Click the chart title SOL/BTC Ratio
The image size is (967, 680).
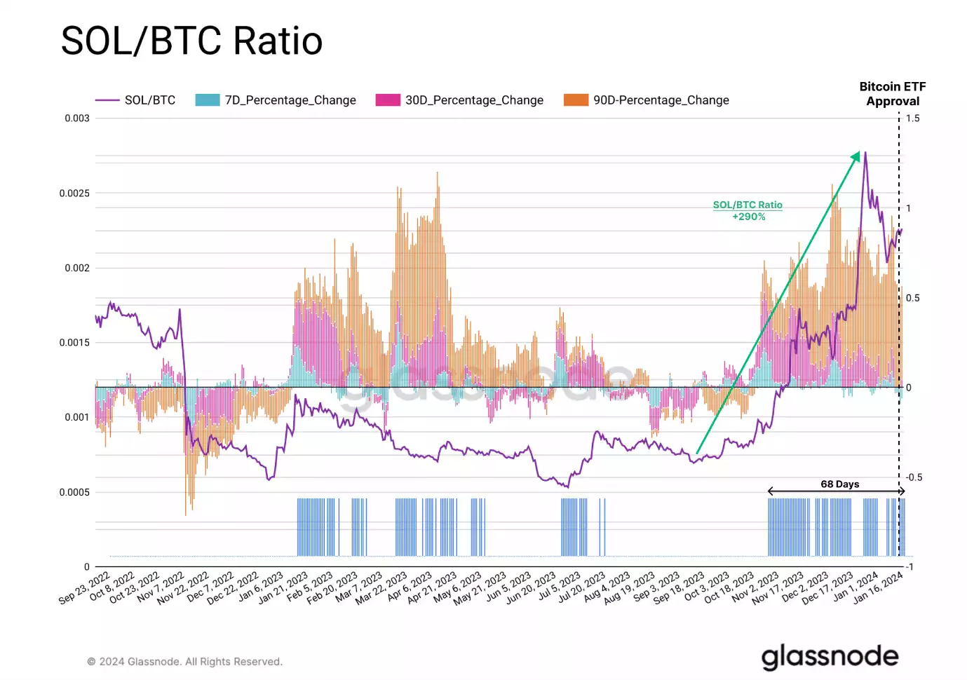click(191, 41)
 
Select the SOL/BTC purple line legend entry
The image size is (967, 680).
click(136, 100)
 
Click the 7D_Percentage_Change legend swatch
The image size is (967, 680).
click(208, 100)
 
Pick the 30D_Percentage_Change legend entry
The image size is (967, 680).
click(459, 100)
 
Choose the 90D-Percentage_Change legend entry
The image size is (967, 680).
click(647, 100)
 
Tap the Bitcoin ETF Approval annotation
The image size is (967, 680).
click(892, 94)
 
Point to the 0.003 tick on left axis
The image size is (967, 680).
click(77, 118)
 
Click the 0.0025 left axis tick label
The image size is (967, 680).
click(74, 193)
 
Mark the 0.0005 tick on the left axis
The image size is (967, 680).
click(74, 492)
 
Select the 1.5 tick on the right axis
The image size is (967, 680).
click(912, 118)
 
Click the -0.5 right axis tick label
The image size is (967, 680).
click(914, 477)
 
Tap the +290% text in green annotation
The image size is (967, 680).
click(748, 217)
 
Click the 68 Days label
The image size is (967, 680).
click(839, 484)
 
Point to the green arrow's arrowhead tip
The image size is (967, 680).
click(859, 152)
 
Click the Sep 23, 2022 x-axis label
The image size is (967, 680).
click(84, 587)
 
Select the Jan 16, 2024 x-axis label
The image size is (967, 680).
click(878, 587)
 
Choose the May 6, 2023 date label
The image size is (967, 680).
click(457, 587)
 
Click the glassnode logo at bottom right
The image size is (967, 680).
click(830, 657)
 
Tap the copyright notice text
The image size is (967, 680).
click(184, 662)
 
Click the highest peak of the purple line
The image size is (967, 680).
click(865, 153)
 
